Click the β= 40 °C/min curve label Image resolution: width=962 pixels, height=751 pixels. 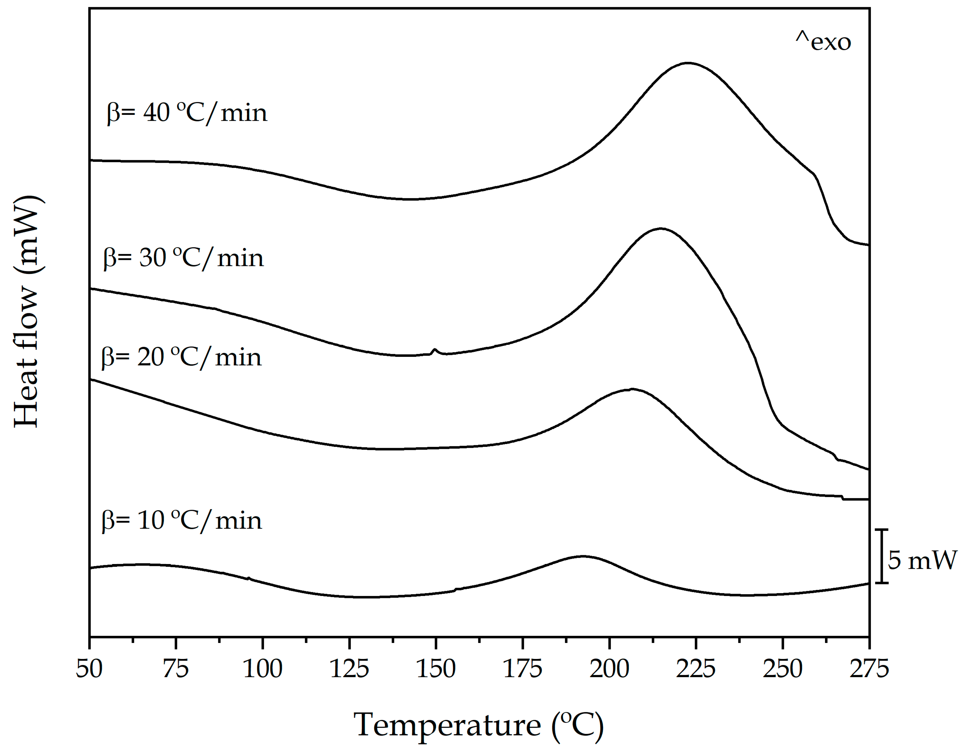coord(187,113)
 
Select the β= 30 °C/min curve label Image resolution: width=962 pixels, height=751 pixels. coord(183,258)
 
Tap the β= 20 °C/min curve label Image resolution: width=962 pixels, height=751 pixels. coord(181,357)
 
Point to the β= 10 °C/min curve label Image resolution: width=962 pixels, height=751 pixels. coord(181,520)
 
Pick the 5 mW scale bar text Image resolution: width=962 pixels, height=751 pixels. coord(922,561)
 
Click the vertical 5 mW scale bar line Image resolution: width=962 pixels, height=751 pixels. coord(881,556)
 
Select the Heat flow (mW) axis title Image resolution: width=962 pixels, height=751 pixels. coord(27,311)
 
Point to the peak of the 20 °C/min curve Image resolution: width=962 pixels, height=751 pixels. coord(632,389)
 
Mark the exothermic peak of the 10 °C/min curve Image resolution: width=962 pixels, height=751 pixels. coord(583,556)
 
